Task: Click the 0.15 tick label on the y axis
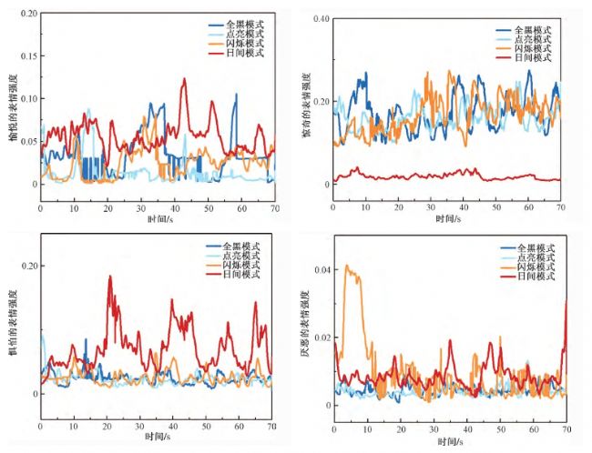point(26,55)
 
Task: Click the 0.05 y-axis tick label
point(26,141)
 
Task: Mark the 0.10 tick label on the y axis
point(26,98)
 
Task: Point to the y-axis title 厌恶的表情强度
point(305,326)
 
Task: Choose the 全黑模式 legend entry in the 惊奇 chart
point(537,29)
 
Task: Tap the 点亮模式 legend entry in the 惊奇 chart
point(537,39)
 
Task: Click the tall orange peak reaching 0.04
point(346,267)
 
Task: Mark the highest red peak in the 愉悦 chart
point(184,79)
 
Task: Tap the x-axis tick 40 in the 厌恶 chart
point(468,428)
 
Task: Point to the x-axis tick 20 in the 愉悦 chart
point(107,208)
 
